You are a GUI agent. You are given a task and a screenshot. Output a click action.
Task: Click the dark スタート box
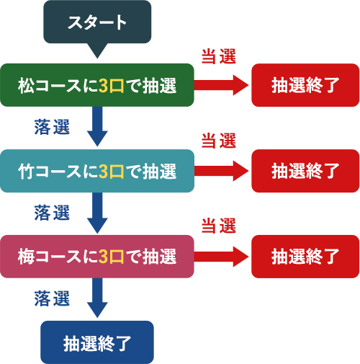click(97, 22)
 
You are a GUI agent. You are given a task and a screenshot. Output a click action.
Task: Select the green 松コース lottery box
click(97, 85)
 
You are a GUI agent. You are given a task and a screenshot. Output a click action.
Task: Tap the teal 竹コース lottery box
click(97, 171)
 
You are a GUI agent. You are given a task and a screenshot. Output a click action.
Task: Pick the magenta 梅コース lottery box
click(97, 257)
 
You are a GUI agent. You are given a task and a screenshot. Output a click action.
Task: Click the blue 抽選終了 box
click(97, 342)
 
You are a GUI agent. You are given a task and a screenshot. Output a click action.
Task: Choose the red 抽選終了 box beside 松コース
click(305, 85)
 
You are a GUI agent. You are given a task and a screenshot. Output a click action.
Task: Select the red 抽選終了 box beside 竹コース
click(305, 171)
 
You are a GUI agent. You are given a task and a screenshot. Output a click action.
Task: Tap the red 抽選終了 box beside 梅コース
click(305, 257)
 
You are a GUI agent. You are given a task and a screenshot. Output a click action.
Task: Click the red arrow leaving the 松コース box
click(221, 85)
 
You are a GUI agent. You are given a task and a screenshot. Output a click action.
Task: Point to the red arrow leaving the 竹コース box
click(221, 171)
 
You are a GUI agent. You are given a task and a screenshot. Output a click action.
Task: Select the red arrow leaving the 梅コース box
click(221, 257)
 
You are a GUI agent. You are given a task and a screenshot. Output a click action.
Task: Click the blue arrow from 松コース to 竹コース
click(97, 126)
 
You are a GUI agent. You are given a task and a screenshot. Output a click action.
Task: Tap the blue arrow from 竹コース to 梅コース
click(97, 213)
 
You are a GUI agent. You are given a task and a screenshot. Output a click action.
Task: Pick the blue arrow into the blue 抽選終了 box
click(97, 298)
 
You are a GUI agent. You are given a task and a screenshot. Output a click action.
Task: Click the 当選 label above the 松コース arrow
click(219, 56)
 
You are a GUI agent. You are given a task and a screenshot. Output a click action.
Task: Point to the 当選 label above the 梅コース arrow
click(219, 226)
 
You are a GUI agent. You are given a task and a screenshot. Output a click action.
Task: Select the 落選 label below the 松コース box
click(52, 127)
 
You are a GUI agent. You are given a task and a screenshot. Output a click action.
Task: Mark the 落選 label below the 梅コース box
click(52, 298)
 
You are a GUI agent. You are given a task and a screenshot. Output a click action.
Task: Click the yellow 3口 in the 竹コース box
click(111, 172)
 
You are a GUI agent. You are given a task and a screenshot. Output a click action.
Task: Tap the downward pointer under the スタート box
click(97, 50)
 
